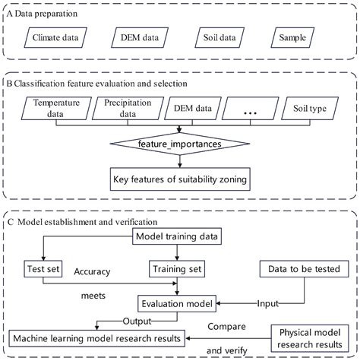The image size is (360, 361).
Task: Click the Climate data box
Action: (x=55, y=36)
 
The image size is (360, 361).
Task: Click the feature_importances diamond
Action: (x=179, y=141)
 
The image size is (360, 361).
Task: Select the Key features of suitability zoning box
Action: (x=179, y=179)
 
